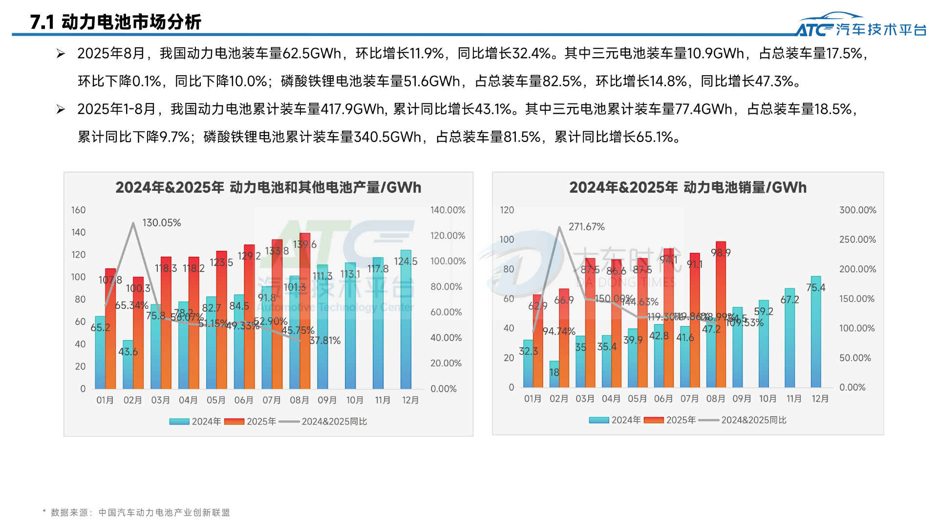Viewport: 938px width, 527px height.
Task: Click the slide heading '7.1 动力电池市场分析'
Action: [x=115, y=22]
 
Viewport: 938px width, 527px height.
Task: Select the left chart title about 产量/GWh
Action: [x=268, y=187]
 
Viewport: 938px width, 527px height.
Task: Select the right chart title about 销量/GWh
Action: [x=687, y=187]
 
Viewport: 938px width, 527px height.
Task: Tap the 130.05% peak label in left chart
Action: [x=161, y=223]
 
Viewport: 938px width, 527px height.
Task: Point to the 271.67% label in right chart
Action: [x=586, y=227]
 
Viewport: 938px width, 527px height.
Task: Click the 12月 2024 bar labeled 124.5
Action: [x=405, y=322]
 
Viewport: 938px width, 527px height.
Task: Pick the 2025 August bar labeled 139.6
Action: [x=305, y=312]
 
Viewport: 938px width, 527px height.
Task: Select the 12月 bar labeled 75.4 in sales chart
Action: [x=816, y=332]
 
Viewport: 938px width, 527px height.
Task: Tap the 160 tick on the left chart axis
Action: [x=78, y=210]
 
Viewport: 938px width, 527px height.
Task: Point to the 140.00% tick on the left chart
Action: [x=448, y=210]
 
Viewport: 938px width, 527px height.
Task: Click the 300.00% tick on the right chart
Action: [x=857, y=210]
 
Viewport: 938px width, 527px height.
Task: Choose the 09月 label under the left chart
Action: [x=327, y=400]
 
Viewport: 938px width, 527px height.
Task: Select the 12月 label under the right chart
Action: [x=820, y=399]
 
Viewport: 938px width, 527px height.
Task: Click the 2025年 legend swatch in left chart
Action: [x=234, y=422]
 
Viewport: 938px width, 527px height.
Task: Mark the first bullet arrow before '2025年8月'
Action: [x=61, y=54]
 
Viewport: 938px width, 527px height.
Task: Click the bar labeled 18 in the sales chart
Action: [x=554, y=374]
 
